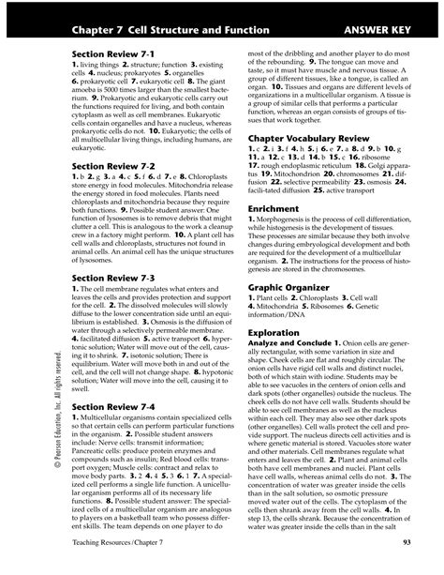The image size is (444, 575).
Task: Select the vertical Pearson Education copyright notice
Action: pos(34,402)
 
